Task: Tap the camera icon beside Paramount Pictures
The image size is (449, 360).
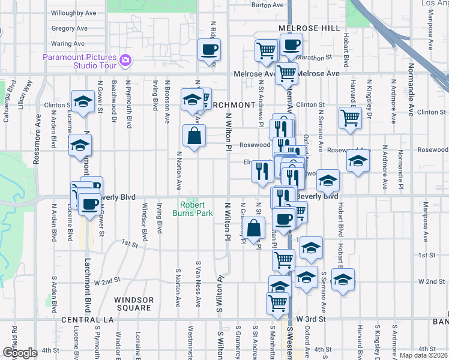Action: (x=125, y=59)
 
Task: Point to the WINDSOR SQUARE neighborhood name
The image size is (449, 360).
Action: (x=133, y=304)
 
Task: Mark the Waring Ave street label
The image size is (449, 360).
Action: (x=68, y=43)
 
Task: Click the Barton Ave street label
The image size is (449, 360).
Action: (x=267, y=5)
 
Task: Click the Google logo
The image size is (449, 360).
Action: (x=20, y=352)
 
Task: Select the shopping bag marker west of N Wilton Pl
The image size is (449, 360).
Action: (x=194, y=136)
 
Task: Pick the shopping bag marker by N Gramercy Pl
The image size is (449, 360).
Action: (x=255, y=228)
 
